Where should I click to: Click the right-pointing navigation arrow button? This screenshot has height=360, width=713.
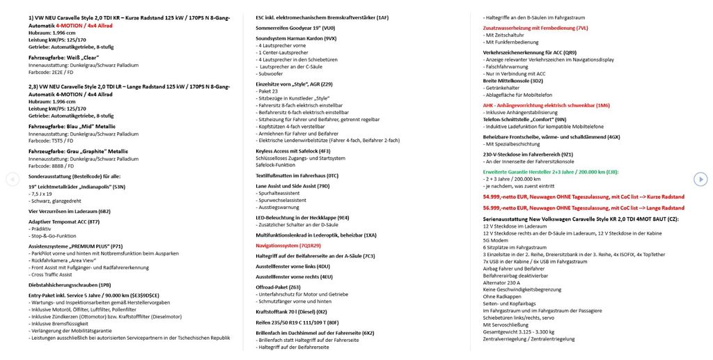point(701,180)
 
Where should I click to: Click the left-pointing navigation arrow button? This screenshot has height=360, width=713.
point(12,180)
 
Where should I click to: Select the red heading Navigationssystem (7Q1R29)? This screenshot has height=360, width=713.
point(288,246)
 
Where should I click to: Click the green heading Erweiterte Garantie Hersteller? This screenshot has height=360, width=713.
point(550,171)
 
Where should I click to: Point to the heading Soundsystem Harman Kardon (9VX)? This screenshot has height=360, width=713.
point(296,38)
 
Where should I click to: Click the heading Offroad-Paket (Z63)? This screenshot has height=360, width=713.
point(279,286)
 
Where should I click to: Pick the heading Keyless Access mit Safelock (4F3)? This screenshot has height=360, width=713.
point(293,150)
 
